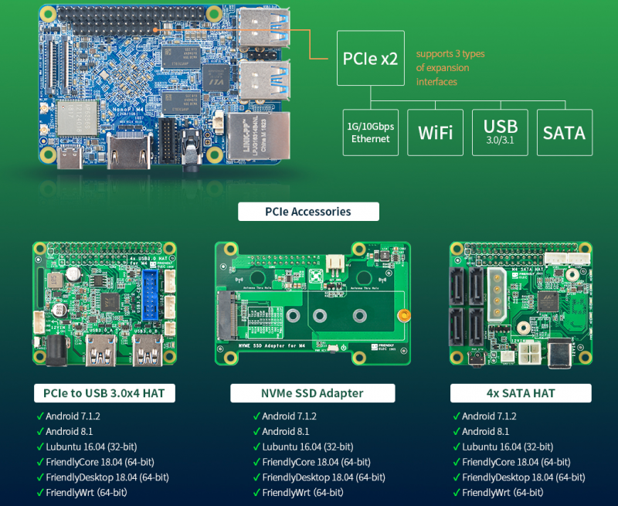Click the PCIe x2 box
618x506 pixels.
click(370, 57)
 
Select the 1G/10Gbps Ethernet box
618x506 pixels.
click(370, 132)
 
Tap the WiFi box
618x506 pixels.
click(435, 132)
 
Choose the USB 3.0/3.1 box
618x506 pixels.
click(500, 132)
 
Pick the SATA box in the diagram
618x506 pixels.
click(564, 132)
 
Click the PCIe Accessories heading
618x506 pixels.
click(308, 212)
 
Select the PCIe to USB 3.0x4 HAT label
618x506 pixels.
click(104, 393)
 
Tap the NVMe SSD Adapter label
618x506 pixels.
click(313, 393)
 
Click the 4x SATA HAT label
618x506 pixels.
click(521, 393)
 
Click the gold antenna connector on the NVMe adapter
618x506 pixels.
click(402, 315)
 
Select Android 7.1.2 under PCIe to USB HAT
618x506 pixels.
click(73, 416)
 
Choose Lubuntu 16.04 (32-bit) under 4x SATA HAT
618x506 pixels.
click(508, 447)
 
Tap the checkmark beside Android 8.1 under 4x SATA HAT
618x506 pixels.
click(456, 431)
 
